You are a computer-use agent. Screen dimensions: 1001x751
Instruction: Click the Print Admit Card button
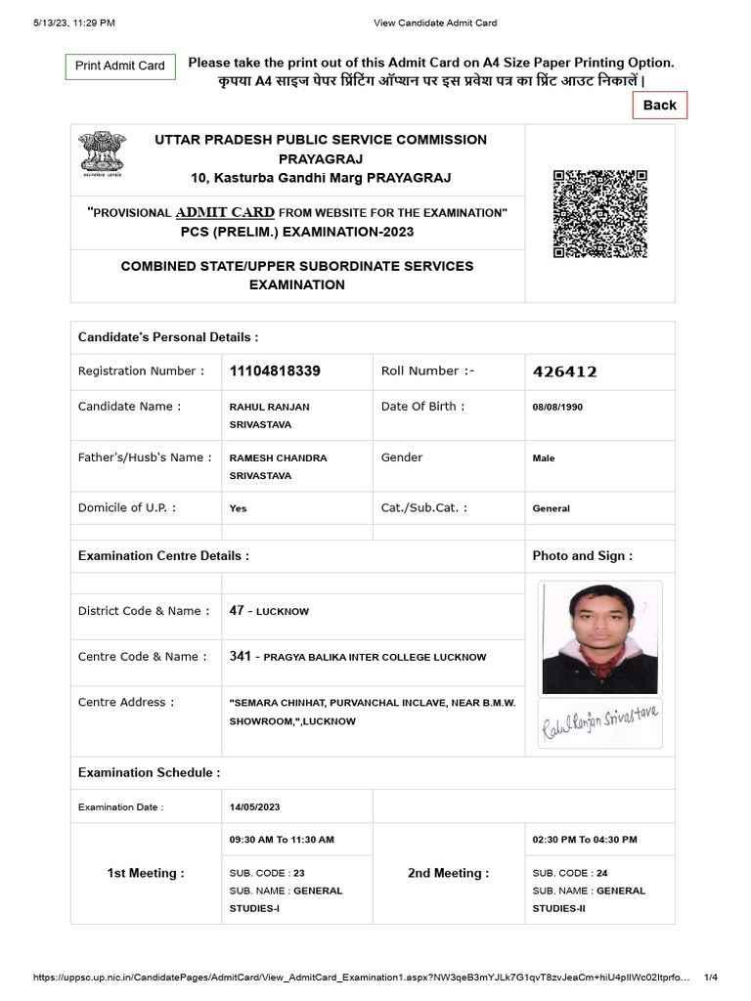120,65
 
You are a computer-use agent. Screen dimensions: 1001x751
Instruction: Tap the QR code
598,214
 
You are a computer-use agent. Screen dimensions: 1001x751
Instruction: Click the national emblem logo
102,157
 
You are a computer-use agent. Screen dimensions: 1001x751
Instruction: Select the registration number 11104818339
275,371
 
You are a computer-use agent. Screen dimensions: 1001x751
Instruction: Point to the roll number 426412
564,371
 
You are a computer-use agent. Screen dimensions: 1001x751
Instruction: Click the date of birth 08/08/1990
557,407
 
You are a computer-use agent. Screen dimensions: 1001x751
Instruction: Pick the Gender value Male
544,457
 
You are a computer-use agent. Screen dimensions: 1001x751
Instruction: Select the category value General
551,508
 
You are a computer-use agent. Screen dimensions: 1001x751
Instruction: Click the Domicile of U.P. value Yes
238,508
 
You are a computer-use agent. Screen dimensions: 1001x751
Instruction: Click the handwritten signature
599,724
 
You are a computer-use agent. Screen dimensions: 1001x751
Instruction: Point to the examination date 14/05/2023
254,806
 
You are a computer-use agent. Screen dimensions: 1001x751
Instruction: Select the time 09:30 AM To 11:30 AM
282,840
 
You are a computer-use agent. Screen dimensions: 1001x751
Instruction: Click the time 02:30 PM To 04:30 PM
585,840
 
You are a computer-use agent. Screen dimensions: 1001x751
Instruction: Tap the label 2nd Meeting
448,873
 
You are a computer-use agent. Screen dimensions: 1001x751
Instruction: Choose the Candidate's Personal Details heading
168,337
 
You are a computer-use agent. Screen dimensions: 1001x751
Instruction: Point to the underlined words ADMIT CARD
225,212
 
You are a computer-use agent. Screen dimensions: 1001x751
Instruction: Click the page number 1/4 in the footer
711,978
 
